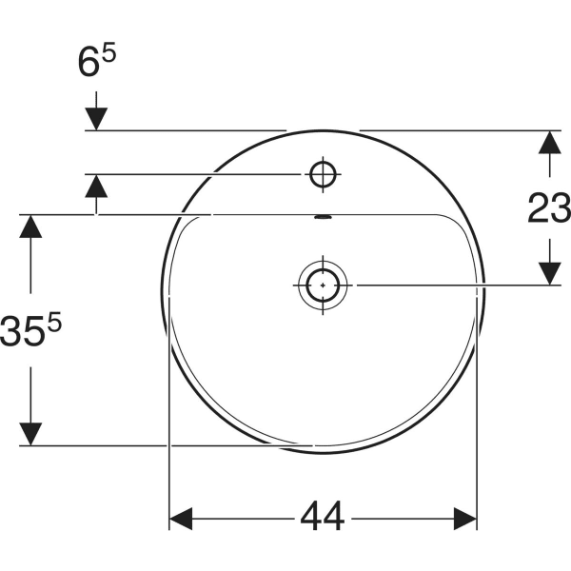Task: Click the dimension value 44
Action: [323, 519]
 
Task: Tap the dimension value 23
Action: [549, 207]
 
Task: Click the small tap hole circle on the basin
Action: [323, 173]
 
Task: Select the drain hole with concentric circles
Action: [323, 284]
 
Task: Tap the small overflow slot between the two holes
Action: [323, 217]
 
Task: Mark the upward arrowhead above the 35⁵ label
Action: [31, 226]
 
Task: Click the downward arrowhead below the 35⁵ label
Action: [31, 434]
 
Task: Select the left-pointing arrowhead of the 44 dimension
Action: [182, 519]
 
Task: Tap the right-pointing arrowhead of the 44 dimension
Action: [464, 519]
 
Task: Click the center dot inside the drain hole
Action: [323, 284]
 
